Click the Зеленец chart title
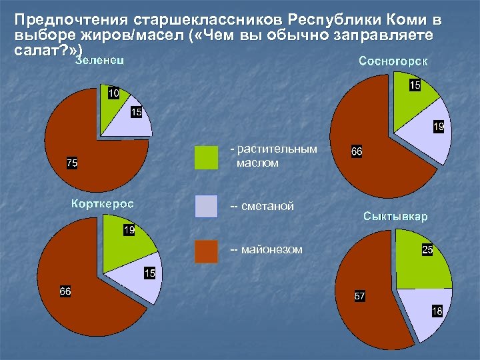pos(99,61)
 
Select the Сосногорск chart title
pos(393,62)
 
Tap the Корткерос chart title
pos(102,203)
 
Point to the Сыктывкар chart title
pos(395,217)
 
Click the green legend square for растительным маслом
pos(207,157)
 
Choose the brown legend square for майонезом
pos(207,251)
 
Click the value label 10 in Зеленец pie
pos(113,93)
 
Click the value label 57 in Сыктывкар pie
pos(359,296)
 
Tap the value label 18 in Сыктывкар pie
pos(436,311)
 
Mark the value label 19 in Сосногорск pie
pos(438,125)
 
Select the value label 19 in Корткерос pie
pos(129,231)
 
